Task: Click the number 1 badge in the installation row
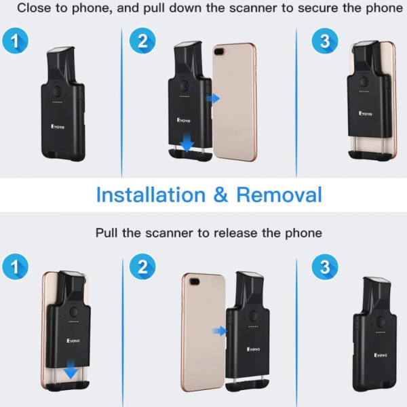(16, 41)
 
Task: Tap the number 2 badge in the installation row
(142, 41)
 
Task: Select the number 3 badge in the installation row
(325, 41)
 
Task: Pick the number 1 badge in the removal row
(16, 267)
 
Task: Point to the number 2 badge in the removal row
(142, 267)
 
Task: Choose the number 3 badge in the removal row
(325, 267)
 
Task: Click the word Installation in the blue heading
(151, 195)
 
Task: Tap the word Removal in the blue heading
(279, 195)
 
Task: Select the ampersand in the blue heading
(221, 195)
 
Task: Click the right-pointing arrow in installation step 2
(212, 98)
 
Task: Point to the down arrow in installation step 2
(187, 143)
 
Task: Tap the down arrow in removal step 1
(71, 370)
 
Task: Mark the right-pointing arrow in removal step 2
(220, 331)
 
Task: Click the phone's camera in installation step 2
(220, 52)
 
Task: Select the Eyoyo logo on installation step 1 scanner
(58, 127)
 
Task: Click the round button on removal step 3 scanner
(381, 322)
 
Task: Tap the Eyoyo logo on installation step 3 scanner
(366, 113)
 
